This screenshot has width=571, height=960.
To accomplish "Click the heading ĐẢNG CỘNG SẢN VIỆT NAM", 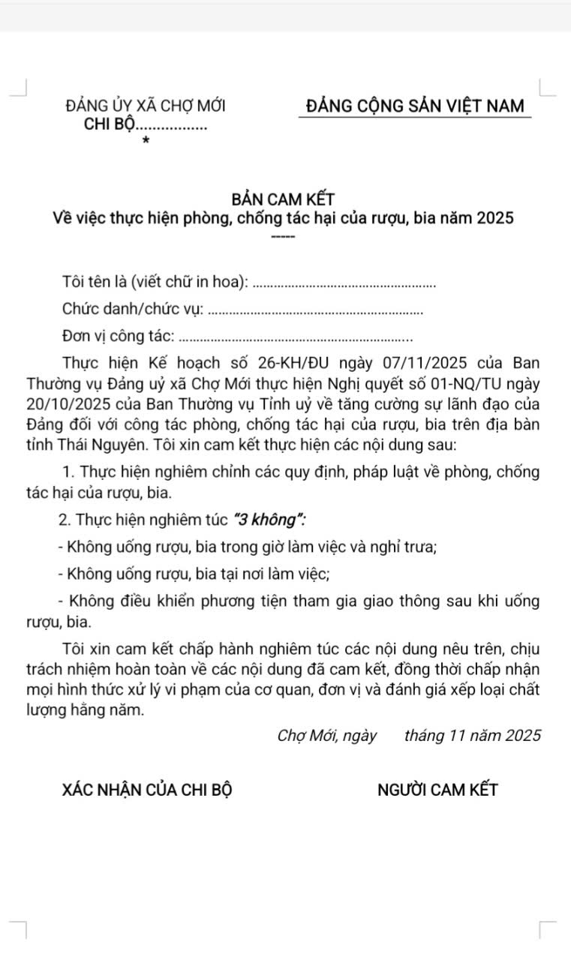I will click(416, 106).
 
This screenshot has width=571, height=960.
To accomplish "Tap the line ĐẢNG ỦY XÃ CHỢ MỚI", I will click(146, 106).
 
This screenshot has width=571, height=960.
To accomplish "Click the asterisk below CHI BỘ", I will click(146, 140).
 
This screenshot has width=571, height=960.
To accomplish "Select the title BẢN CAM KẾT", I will click(283, 199).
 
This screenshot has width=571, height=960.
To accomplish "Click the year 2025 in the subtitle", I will click(494, 219).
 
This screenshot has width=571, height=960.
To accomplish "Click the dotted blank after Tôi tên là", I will click(345, 283).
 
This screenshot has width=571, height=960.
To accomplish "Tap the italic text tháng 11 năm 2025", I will click(472, 736).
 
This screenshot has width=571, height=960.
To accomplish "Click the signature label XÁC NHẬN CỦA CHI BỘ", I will click(146, 790).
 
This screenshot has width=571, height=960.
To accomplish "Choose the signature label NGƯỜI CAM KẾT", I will click(437, 790).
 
